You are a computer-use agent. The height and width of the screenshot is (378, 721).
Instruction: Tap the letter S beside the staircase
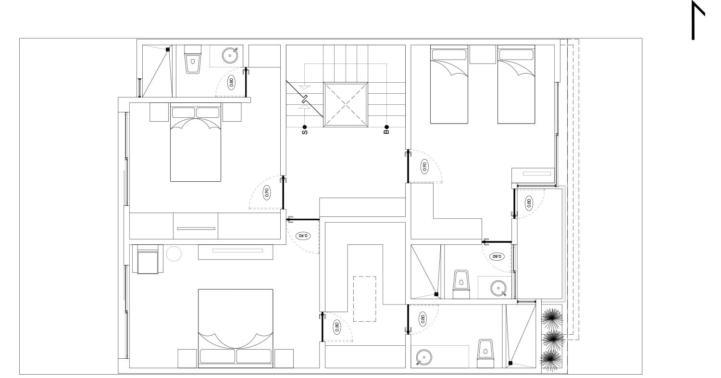[304, 132]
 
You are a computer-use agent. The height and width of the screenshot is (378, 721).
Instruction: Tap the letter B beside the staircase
[386, 132]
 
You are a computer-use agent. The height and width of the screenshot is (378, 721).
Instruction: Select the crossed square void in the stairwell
[346, 105]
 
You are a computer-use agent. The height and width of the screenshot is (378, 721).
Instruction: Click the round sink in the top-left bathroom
[230, 55]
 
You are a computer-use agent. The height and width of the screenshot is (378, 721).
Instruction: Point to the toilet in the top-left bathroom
[193, 59]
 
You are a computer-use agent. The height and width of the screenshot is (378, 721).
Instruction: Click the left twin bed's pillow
[449, 54]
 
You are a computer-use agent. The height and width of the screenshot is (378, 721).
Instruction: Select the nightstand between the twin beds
[483, 54]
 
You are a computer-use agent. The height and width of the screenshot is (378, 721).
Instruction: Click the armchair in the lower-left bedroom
[148, 259]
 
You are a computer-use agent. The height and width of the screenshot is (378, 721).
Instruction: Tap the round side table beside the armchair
[174, 254]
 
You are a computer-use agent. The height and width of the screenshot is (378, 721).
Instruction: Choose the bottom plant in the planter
[552, 360]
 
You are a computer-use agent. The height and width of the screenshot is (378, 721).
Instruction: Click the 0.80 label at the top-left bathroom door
[231, 82]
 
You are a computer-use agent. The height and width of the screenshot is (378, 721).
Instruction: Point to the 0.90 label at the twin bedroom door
[424, 166]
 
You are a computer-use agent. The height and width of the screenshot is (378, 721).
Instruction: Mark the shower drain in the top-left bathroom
[168, 50]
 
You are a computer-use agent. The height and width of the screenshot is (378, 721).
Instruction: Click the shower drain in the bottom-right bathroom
[510, 363]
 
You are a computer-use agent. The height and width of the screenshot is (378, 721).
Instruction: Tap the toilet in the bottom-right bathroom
[485, 353]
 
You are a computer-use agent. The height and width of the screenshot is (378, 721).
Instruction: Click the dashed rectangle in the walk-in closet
[365, 299]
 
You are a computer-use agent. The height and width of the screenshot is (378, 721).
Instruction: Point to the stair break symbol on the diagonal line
[304, 100]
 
